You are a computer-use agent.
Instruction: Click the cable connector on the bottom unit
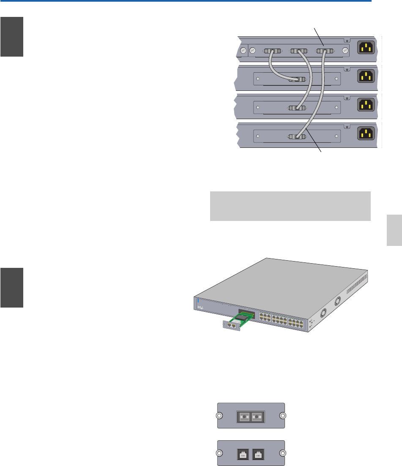pos(297,136)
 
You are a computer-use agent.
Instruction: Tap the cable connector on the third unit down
pos(297,108)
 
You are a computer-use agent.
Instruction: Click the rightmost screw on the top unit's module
pos(345,51)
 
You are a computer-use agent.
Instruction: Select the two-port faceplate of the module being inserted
pos(231,326)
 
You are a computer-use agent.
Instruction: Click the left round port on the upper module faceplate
pos(244,416)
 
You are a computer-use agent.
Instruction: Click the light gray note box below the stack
pos(290,206)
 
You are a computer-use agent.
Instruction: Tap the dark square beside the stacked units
pos(11,37)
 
